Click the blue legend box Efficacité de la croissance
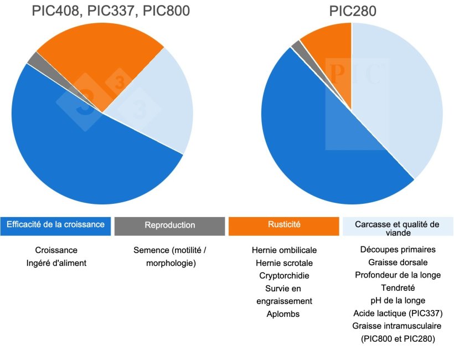coord(55,225)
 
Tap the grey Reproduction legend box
coord(169,225)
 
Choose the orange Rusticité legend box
coord(283,225)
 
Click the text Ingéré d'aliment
coord(56,263)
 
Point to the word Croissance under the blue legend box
coord(56,250)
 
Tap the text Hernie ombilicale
coord(284,250)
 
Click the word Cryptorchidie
coord(284,276)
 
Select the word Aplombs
coord(284,314)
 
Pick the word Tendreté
coord(398,288)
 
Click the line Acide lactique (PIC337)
coord(398,313)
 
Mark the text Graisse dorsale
coord(398,263)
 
